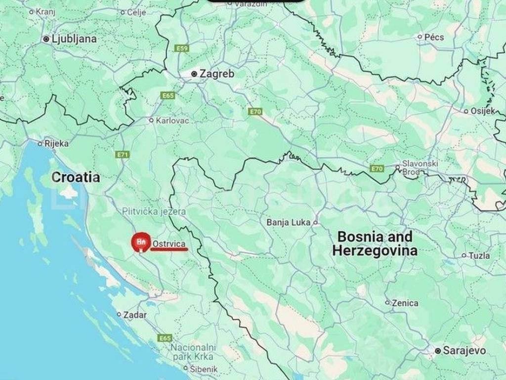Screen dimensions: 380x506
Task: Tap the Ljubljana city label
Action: [75, 39]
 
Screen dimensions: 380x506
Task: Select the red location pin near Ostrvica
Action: [139, 242]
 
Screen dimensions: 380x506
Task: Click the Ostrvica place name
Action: [169, 244]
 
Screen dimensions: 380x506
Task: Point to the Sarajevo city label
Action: [457, 351]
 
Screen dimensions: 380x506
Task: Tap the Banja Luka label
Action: [289, 222]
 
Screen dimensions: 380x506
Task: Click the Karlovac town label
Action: [172, 120]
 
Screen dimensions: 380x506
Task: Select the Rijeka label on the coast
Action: [56, 143]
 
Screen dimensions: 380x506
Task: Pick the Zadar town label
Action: [134, 314]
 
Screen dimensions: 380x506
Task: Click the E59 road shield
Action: [181, 48]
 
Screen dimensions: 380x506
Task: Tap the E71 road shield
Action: [123, 154]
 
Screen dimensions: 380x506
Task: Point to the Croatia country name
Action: [76, 177]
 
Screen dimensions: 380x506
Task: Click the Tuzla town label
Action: [480, 256]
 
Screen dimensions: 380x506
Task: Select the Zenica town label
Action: [405, 303]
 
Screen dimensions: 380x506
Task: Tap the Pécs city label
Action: [434, 37]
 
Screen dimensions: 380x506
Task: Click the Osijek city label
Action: [482, 111]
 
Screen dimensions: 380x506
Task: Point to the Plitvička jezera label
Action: [154, 212]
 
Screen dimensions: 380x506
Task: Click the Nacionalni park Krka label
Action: [193, 352]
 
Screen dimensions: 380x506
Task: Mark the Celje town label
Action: [136, 12]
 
